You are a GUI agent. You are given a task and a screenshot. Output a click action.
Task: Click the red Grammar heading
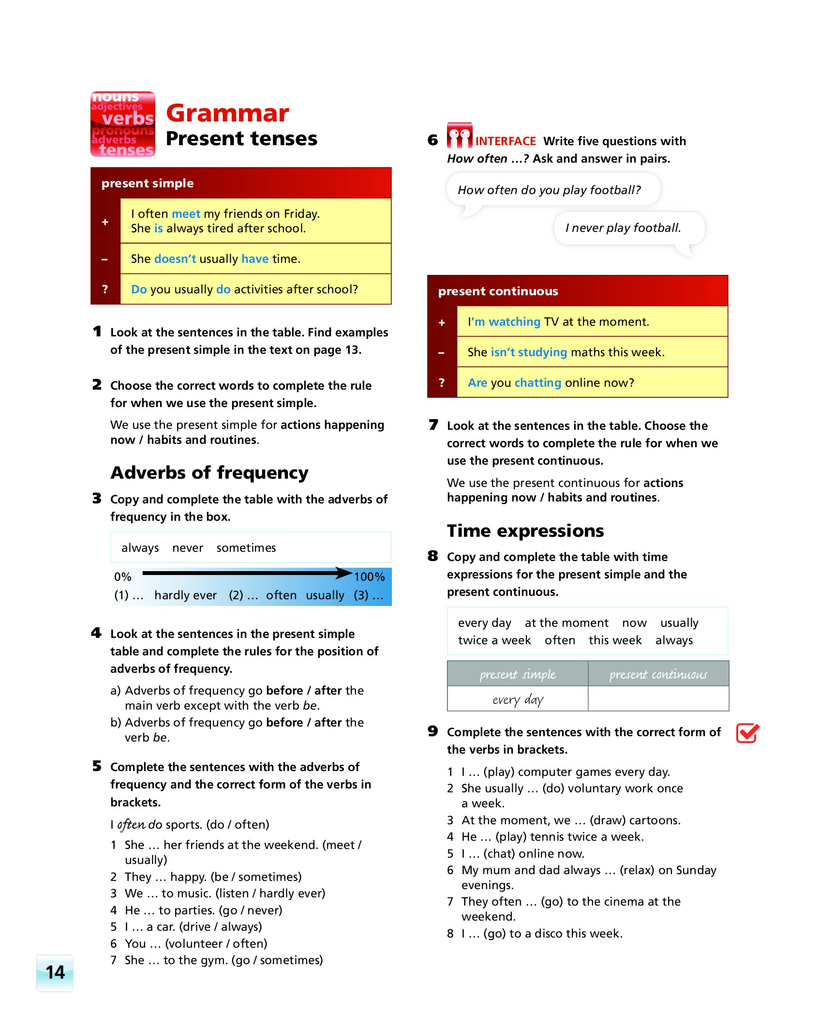pyautogui.click(x=227, y=113)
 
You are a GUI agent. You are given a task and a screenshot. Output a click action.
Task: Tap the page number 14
pyautogui.click(x=55, y=972)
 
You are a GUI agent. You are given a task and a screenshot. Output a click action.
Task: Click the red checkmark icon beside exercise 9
pyautogui.click(x=747, y=733)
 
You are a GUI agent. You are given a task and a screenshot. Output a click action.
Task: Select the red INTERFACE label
pyautogui.click(x=505, y=141)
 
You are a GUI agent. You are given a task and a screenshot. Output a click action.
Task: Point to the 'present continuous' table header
pyautogui.click(x=498, y=291)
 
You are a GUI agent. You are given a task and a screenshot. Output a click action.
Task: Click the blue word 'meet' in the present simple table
pyautogui.click(x=186, y=214)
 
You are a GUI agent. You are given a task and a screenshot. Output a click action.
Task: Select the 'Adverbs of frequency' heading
pyautogui.click(x=209, y=473)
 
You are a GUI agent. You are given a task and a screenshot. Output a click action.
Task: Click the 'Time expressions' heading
pyautogui.click(x=525, y=531)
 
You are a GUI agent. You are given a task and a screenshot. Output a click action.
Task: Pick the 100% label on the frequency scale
pyautogui.click(x=369, y=577)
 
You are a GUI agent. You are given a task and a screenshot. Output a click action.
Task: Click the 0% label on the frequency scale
pyautogui.click(x=122, y=577)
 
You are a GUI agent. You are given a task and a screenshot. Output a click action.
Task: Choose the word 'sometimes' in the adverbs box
pyautogui.click(x=246, y=548)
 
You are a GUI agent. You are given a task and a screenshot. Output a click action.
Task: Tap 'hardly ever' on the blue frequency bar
pyautogui.click(x=185, y=595)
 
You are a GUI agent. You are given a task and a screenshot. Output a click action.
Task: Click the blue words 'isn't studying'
pyautogui.click(x=528, y=352)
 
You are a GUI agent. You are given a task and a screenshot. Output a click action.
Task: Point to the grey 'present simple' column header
pyautogui.click(x=518, y=674)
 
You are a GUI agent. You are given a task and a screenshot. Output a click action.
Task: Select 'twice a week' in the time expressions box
pyautogui.click(x=494, y=640)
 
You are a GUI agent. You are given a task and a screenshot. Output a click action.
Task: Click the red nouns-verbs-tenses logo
pyautogui.click(x=123, y=124)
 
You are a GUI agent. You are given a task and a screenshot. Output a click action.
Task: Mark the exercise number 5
pyautogui.click(x=97, y=766)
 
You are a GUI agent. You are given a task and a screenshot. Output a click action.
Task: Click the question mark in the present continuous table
pyautogui.click(x=442, y=383)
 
